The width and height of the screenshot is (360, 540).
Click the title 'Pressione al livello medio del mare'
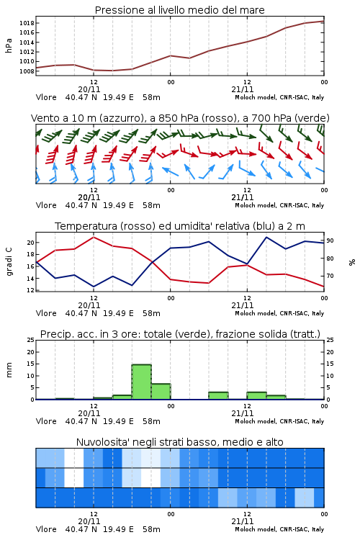pos(179,10)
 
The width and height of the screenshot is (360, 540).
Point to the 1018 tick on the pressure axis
pos(27,23)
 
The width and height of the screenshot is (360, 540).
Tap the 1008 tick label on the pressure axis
pos(27,71)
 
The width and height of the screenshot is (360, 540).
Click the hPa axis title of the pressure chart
pos(9,45)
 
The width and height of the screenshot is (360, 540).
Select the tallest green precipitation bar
pos(142,382)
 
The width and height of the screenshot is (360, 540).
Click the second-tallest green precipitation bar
pos(161,392)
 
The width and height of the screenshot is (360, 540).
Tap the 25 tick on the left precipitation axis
pos(31,340)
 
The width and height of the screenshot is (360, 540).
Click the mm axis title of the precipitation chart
pos(9,370)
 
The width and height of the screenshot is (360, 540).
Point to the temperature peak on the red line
pos(94,237)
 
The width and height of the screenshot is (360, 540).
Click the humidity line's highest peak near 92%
pos(266,238)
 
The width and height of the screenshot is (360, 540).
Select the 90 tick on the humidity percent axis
pos(330,240)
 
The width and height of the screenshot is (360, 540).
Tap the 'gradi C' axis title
pos(9,261)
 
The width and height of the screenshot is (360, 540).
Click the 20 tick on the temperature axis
pos(31,243)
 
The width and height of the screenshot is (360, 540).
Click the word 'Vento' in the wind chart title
pos(43,118)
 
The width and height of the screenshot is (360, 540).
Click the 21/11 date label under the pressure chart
pos(243,89)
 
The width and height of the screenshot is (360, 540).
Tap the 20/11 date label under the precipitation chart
pos(89,413)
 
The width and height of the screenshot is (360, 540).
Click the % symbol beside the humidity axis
pos(352,262)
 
